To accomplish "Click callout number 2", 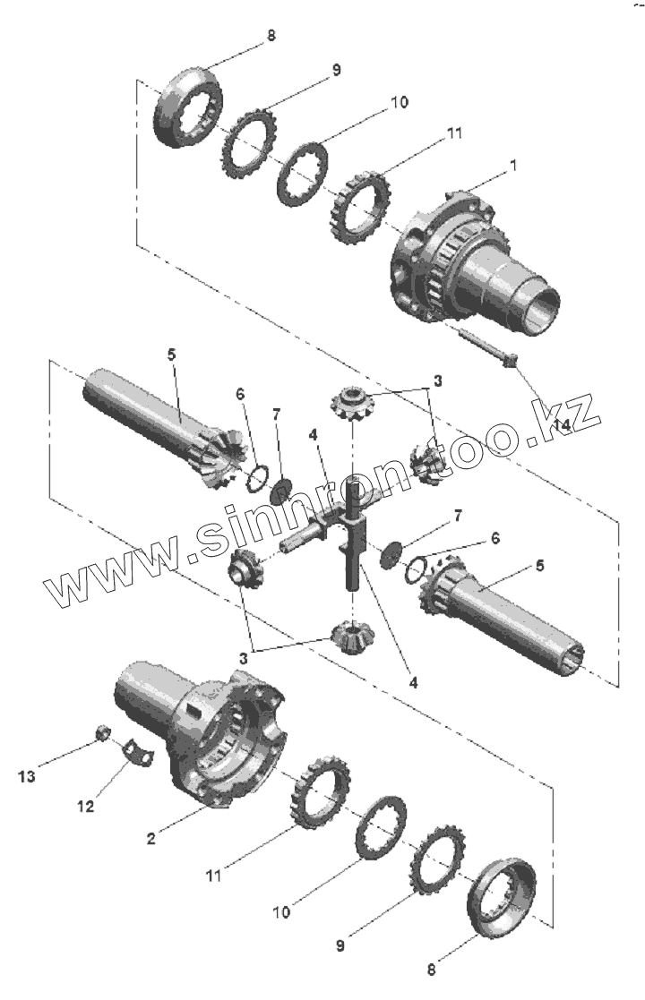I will click(152, 838).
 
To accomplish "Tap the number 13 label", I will click(28, 776).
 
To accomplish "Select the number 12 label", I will click(85, 806).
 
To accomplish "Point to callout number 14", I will click(562, 425).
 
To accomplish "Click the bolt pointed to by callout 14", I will click(484, 349).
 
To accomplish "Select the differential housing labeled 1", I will click(466, 269).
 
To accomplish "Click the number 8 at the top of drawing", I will click(271, 37).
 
